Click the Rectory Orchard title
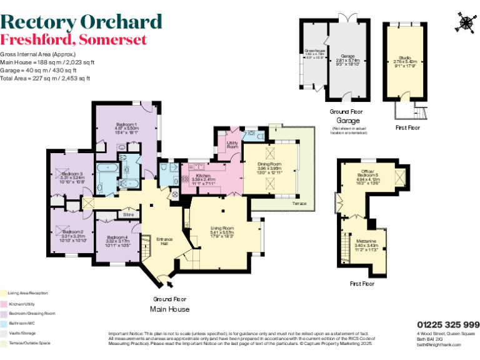pos(81,21)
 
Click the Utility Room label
pos(232,144)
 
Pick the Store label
pos(129,214)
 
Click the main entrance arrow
pos(171,286)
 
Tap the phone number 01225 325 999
pos(448,324)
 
